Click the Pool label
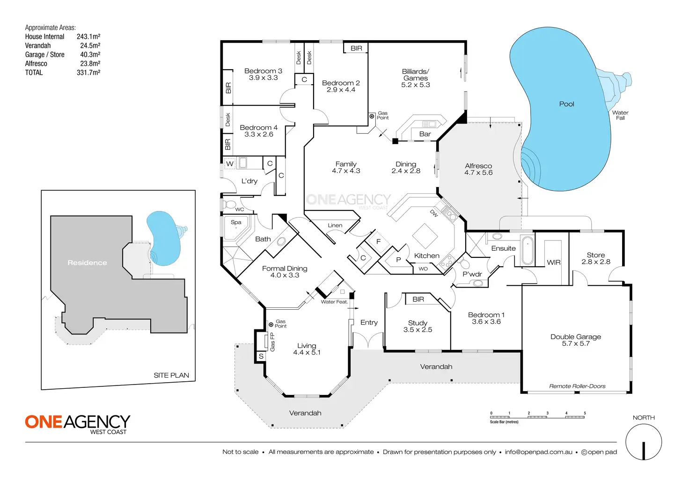[566, 104]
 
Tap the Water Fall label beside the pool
[620, 115]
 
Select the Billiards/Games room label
[415, 75]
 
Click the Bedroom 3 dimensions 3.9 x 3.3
[263, 78]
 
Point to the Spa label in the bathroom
[236, 222]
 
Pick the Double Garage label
[576, 337]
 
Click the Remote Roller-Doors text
[577, 386]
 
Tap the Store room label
[595, 255]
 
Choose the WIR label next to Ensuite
[554, 262]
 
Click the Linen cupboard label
[335, 225]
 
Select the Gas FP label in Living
[272, 342]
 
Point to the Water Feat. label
[334, 302]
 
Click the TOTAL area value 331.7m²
[88, 73]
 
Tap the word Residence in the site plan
[87, 263]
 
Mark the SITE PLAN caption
[171, 375]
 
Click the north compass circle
[644, 442]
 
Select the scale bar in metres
[537, 416]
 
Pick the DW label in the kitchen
[434, 213]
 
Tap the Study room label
[418, 323]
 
